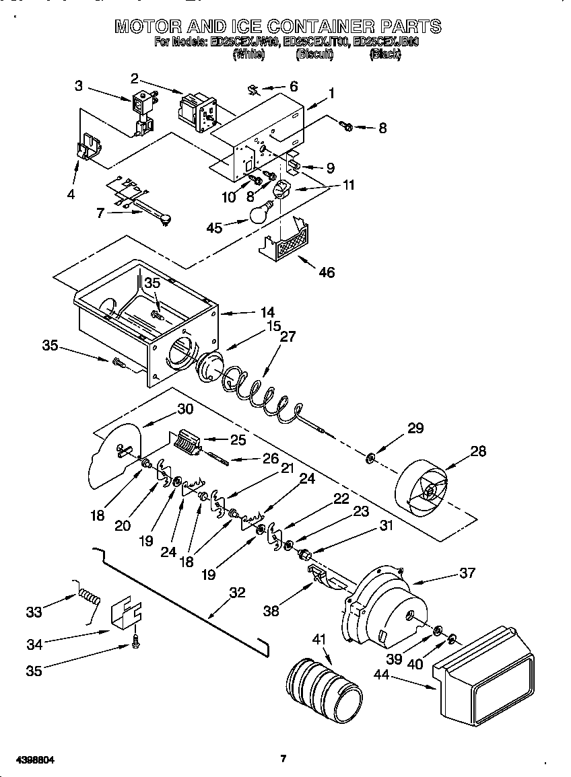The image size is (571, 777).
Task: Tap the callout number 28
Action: point(478,451)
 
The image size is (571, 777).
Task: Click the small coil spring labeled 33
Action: point(90,595)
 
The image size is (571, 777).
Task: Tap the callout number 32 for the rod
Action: point(237,593)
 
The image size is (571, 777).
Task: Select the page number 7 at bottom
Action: point(283,759)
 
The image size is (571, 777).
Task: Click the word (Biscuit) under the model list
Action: point(314,55)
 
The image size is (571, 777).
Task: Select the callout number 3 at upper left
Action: point(79,85)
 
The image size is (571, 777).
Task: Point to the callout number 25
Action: point(238,440)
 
